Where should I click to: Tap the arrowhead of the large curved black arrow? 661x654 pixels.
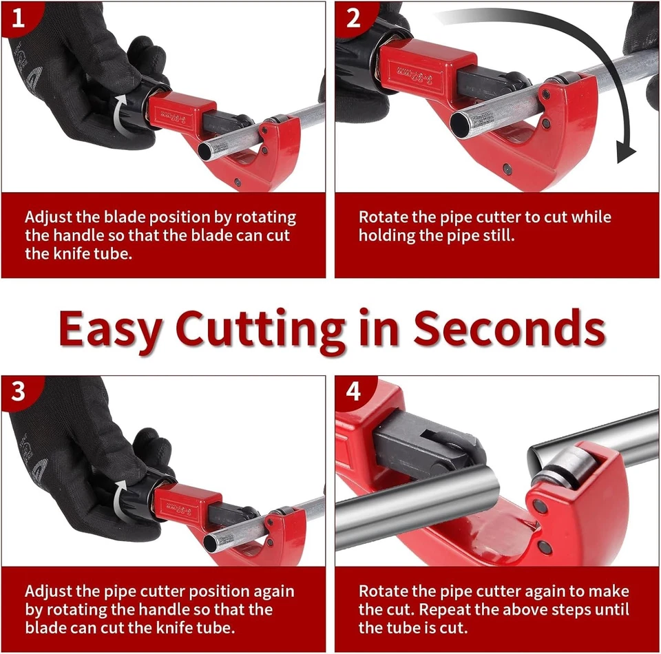coord(625,152)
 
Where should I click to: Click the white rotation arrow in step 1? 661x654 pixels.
coord(121,114)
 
